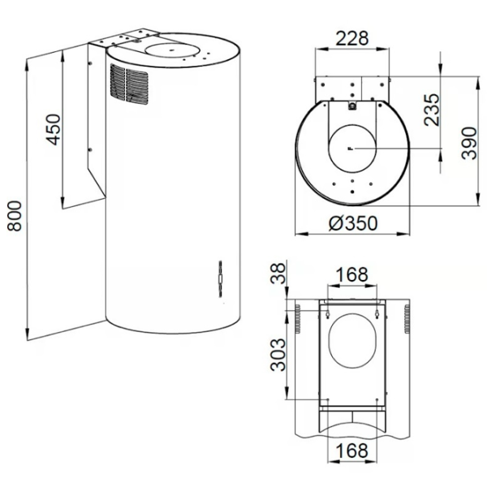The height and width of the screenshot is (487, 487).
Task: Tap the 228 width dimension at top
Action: (x=352, y=37)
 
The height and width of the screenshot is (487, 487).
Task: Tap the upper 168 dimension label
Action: (x=351, y=275)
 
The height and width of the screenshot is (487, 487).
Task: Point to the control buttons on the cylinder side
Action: (x=219, y=281)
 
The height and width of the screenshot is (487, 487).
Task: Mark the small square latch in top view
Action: (x=351, y=104)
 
